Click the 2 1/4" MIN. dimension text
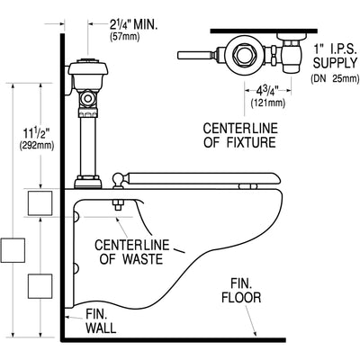[133, 24]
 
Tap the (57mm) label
[125, 37]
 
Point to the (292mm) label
[37, 146]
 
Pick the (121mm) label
[268, 103]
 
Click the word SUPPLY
[335, 63]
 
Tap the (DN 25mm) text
[335, 78]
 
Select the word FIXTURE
[251, 142]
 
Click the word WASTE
[142, 259]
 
